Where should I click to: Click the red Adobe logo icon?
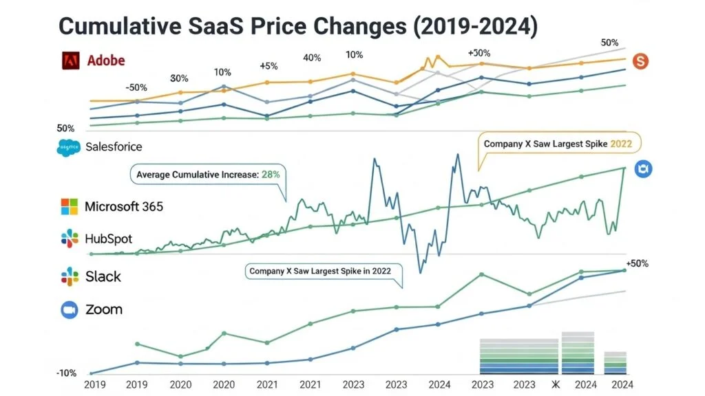pos(71,60)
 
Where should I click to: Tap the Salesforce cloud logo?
pos(69,146)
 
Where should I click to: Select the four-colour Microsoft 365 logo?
pos(70,206)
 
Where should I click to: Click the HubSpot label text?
pos(108,239)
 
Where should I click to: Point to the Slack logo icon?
pos(70,276)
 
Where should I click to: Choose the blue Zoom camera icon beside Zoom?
pos(69,310)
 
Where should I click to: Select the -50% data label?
pos(136,87)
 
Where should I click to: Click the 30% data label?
pos(179,78)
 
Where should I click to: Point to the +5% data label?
pos(268,66)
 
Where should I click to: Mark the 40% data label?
pos(311,58)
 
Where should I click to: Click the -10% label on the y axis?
pos(66,373)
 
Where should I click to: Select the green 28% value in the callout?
pos(270,175)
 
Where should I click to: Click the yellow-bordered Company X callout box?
pos(558,144)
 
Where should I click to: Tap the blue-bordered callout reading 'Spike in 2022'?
pos(320,271)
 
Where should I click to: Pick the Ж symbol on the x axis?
pos(556,385)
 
